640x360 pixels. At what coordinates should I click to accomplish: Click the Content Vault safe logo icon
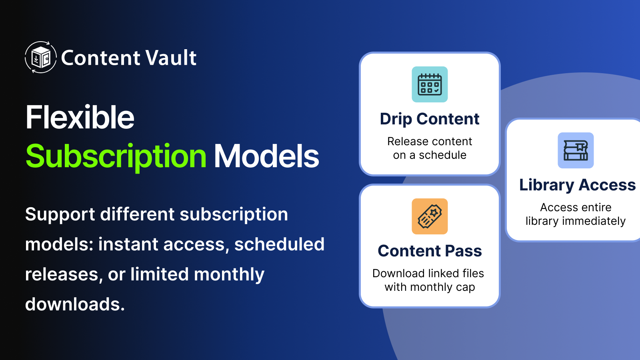pyautogui.click(x=40, y=57)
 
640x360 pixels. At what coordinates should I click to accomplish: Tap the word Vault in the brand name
pyautogui.click(x=171, y=58)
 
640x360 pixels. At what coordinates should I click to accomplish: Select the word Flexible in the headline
pyautogui.click(x=80, y=117)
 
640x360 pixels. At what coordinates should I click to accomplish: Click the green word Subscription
pyautogui.click(x=116, y=157)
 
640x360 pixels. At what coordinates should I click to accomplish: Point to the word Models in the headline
pyautogui.click(x=266, y=156)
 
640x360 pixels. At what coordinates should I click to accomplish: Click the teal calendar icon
pyautogui.click(x=430, y=84)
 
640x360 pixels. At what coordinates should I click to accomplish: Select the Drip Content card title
pyautogui.click(x=430, y=119)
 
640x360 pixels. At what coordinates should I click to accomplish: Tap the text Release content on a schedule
pyautogui.click(x=430, y=148)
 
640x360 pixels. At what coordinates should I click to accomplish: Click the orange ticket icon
pyautogui.click(x=430, y=216)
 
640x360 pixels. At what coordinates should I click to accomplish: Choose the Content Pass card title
pyautogui.click(x=430, y=251)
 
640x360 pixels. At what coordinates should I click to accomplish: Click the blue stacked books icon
pyautogui.click(x=576, y=150)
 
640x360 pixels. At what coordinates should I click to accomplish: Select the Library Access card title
pyautogui.click(x=578, y=185)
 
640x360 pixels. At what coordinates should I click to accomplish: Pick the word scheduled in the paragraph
pyautogui.click(x=280, y=244)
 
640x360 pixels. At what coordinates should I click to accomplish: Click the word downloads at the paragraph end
pyautogui.click(x=75, y=304)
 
